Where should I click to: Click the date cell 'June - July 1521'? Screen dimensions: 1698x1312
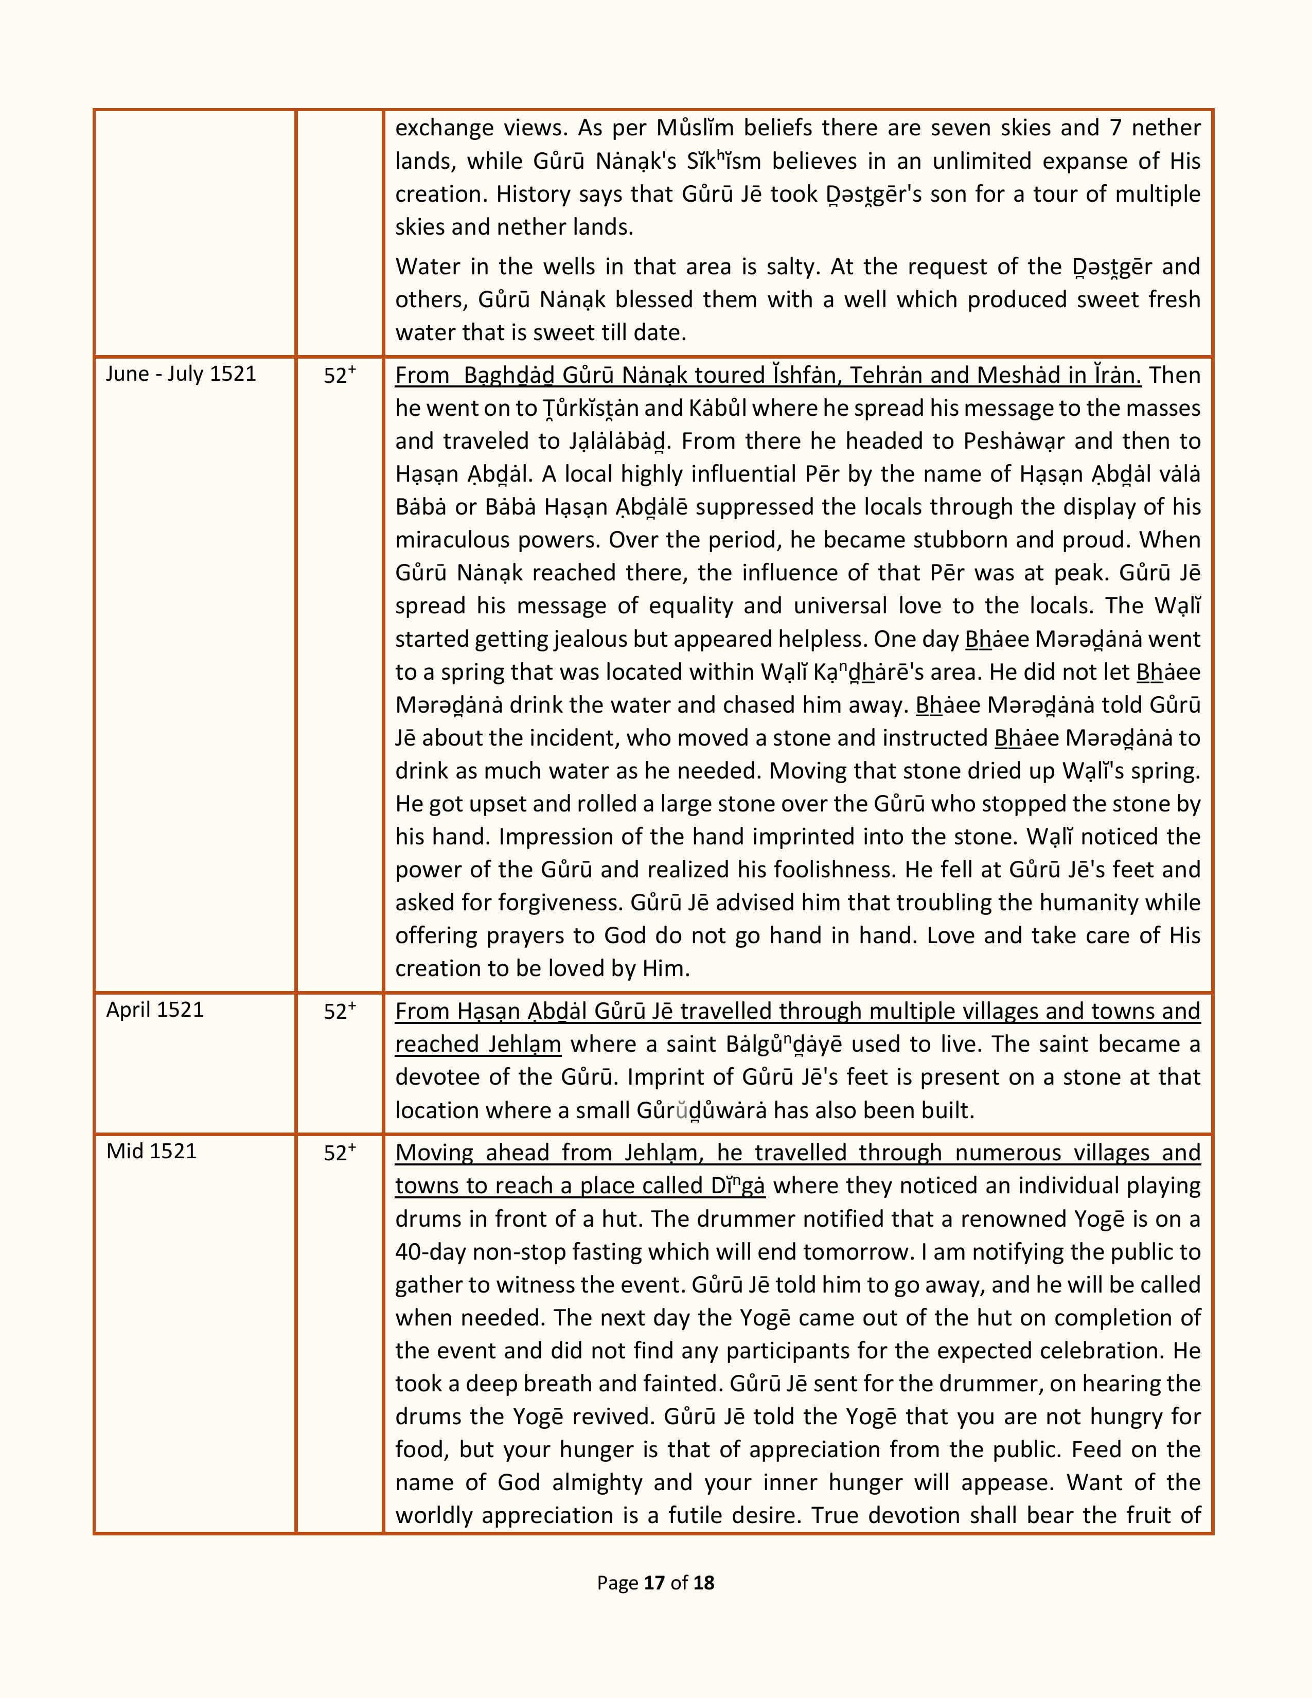click(181, 374)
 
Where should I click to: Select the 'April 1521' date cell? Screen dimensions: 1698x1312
click(155, 1010)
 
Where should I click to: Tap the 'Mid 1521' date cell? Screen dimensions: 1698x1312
click(152, 1152)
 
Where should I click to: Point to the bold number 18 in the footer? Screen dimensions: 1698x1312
click(703, 1582)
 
